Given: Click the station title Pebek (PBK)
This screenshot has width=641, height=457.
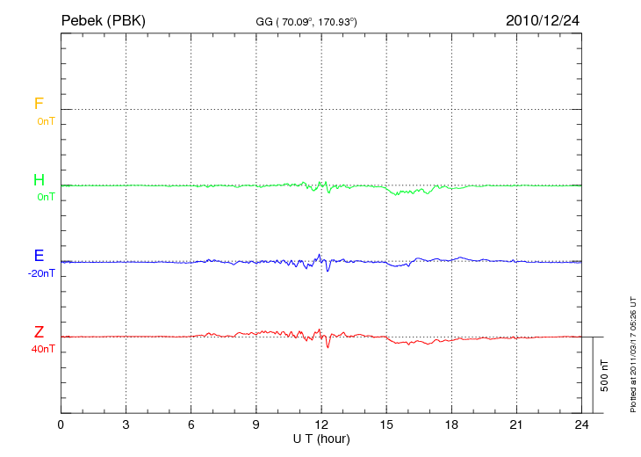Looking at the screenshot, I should pyautogui.click(x=103, y=20).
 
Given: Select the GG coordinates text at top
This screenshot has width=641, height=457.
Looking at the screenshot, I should pyautogui.click(x=306, y=21).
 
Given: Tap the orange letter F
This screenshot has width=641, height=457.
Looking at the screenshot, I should pyautogui.click(x=39, y=104).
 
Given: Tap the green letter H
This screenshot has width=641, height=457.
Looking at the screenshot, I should pyautogui.click(x=39, y=180).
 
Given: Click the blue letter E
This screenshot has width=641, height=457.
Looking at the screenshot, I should pyautogui.click(x=39, y=256).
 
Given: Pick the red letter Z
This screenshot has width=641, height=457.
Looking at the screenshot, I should pyautogui.click(x=39, y=332).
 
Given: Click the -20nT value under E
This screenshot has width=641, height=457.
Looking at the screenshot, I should pyautogui.click(x=41, y=273).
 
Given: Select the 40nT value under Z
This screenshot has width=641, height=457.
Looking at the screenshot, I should pyautogui.click(x=42, y=349).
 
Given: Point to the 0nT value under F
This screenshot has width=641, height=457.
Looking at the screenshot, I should pyautogui.click(x=45, y=120).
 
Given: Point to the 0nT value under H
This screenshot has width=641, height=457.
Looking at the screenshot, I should pyautogui.click(x=45, y=197).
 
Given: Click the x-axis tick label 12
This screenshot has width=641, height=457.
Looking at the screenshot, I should pyautogui.click(x=321, y=424).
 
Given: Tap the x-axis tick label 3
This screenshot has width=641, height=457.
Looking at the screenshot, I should pyautogui.click(x=126, y=424).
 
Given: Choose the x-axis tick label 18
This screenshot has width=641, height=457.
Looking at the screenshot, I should pyautogui.click(x=451, y=424).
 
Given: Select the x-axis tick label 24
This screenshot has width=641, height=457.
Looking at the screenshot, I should pyautogui.click(x=581, y=424).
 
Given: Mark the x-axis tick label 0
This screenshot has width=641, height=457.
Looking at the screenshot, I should pyautogui.click(x=61, y=424).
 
